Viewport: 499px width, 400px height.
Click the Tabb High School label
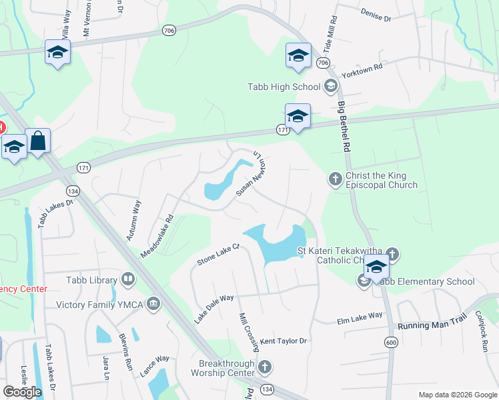[284, 87]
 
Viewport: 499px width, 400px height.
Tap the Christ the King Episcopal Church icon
[335, 178]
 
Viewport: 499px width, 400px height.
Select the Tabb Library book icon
[128, 280]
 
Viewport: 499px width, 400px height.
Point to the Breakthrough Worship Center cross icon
[265, 367]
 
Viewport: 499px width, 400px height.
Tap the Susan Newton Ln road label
[251, 173]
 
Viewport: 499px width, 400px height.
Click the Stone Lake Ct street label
[217, 255]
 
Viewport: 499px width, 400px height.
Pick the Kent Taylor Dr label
[283, 341]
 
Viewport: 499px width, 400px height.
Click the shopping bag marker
[38, 141]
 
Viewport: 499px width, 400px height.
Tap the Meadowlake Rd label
[157, 236]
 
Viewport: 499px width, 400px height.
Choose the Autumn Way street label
[133, 219]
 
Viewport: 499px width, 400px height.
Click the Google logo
[23, 392]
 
